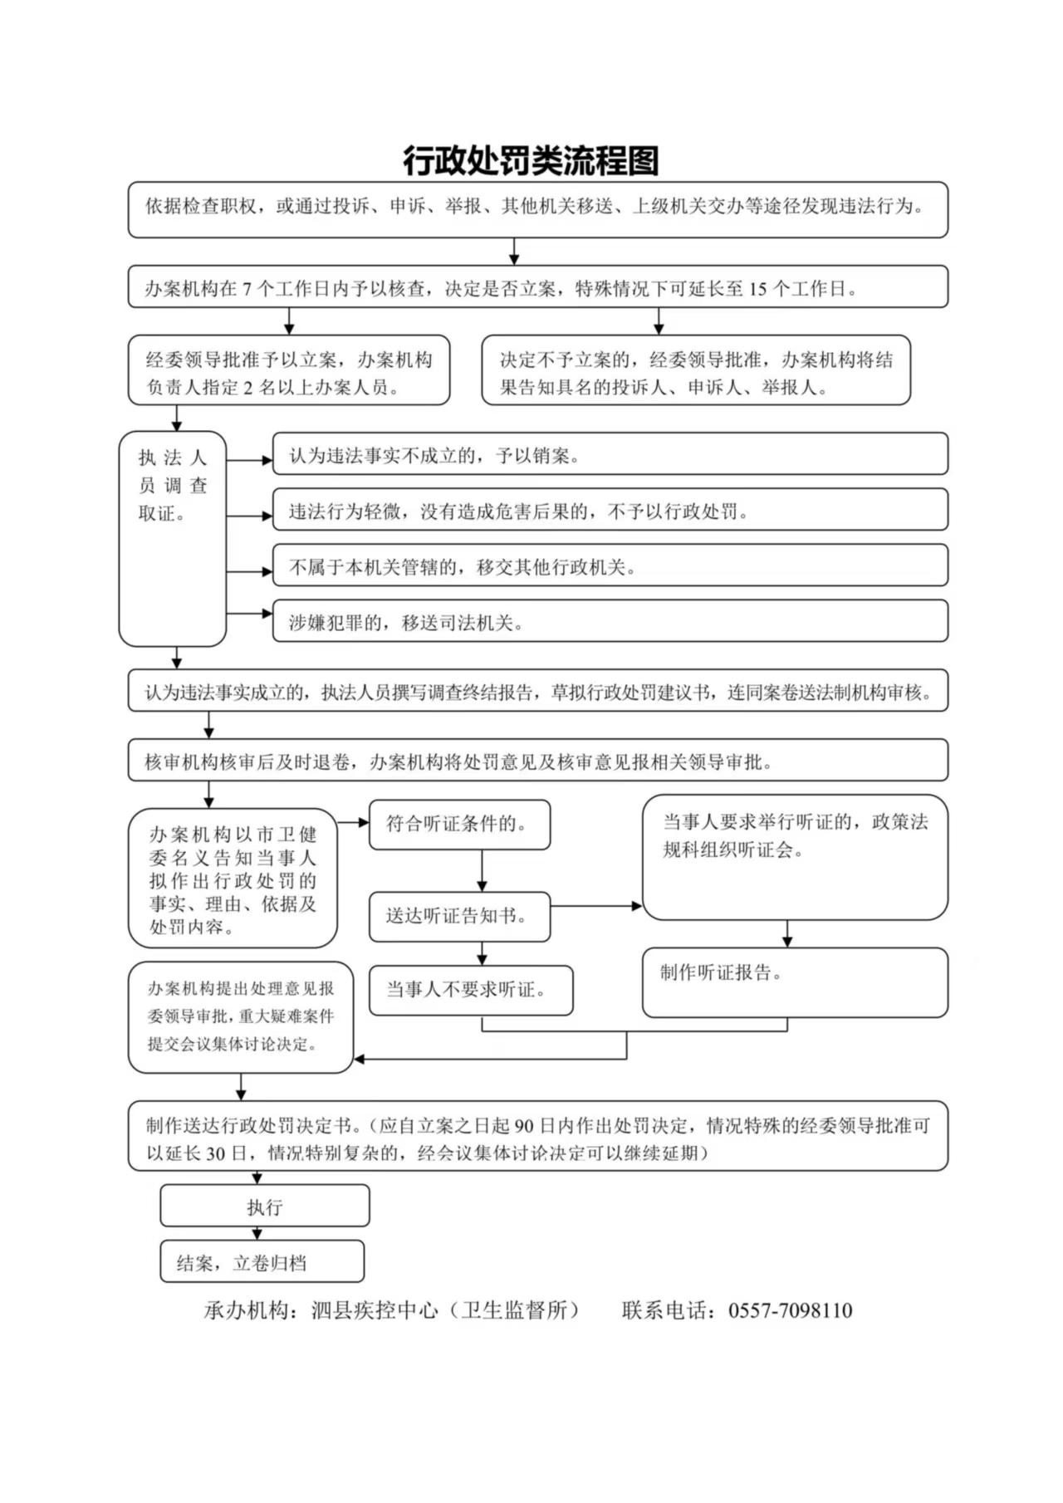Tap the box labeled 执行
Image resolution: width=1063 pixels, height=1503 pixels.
pos(265,1206)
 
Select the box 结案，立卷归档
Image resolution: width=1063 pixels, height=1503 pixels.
pos(262,1261)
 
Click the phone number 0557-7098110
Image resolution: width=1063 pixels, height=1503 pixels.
pos(790,1310)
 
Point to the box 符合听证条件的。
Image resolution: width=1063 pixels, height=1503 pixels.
pos(459,825)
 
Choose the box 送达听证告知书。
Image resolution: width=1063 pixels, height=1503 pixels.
pos(459,917)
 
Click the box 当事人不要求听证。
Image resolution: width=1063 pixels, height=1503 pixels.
pos(471,990)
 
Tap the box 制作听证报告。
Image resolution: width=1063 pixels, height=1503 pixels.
pos(795,982)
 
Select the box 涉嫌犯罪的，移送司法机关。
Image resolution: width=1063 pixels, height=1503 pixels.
pos(610,621)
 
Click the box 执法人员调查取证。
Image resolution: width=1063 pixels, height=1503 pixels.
pos(173,538)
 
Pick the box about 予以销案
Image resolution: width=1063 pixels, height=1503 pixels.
pos(610,453)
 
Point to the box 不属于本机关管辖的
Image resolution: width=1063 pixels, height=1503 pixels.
pos(610,565)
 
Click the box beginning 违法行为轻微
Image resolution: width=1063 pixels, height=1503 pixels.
pos(610,509)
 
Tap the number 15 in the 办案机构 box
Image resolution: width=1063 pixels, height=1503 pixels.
pos(757,289)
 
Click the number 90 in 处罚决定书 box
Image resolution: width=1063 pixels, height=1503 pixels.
pos(524,1126)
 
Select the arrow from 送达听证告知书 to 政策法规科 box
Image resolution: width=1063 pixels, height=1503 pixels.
pos(596,905)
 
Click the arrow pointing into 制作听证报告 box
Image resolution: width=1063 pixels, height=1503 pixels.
pos(787,933)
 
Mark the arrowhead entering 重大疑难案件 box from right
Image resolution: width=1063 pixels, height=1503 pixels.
pos(360,1059)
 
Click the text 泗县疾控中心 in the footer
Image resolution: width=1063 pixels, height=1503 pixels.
pos(375,1310)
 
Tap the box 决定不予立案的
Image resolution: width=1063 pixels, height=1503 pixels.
pos(696,370)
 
